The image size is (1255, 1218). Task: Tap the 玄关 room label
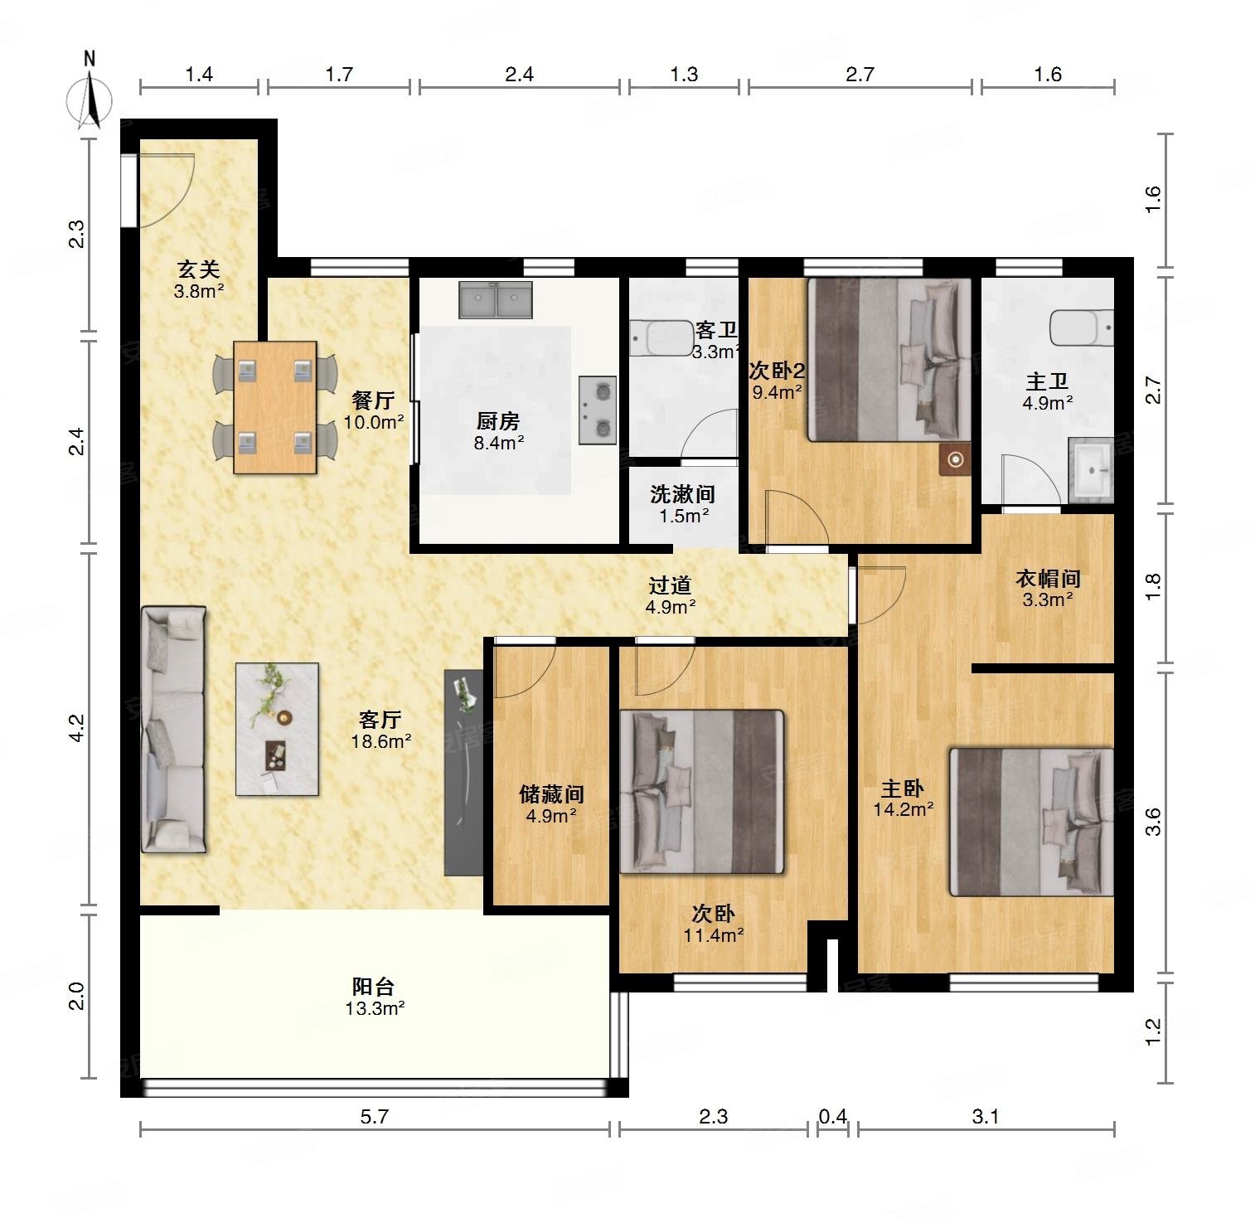[199, 269]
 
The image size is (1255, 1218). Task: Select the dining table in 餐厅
[275, 407]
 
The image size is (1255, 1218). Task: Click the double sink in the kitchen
[496, 299]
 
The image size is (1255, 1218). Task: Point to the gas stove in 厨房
[598, 410]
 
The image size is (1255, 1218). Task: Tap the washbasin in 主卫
[1091, 470]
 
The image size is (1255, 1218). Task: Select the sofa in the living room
[173, 729]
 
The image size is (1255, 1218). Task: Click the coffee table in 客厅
[277, 729]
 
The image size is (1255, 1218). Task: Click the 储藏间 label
[551, 794]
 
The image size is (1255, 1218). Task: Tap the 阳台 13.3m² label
[375, 997]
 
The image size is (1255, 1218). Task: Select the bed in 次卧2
[889, 359]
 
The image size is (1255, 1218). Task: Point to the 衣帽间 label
[1048, 578]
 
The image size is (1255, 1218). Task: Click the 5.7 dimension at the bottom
[375, 1117]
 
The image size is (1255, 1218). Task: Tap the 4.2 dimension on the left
[76, 729]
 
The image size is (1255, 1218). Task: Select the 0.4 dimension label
[833, 1117]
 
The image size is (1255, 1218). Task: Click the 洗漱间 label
[682, 494]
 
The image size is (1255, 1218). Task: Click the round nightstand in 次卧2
[955, 459]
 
